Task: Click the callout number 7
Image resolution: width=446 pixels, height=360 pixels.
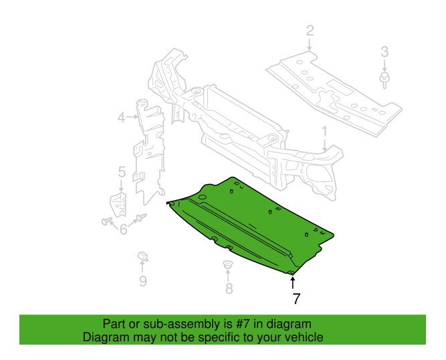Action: (x=296, y=298)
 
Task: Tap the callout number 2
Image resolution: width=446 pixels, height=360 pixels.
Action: (x=310, y=31)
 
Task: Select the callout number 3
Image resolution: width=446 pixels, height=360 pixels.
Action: (x=384, y=52)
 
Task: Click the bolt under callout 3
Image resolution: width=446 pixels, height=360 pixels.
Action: (x=384, y=80)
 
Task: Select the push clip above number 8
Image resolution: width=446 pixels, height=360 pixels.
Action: (x=227, y=264)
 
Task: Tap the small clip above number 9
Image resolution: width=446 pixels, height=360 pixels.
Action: (x=143, y=256)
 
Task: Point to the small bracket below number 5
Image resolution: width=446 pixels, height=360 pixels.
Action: (x=118, y=204)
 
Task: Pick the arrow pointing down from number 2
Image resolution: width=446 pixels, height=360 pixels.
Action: (x=310, y=45)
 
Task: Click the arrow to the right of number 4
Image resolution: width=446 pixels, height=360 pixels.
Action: (x=132, y=116)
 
